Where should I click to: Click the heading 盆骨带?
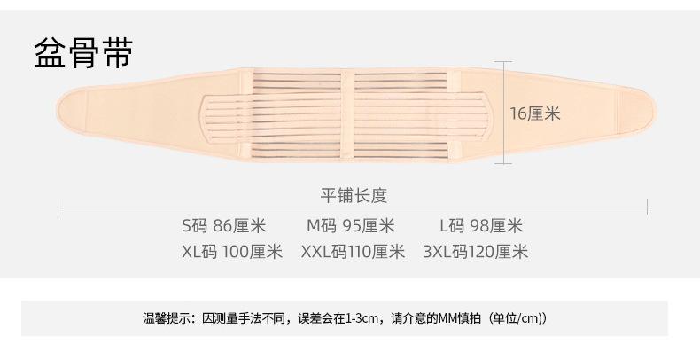tap(83, 53)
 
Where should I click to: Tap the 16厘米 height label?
tap(535, 113)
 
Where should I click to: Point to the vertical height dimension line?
tap(506, 113)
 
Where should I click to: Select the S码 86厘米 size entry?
tap(223, 226)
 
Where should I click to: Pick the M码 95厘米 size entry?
tap(350, 226)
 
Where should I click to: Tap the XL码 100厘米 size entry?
tap(231, 252)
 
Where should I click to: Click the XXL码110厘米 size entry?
tap(353, 252)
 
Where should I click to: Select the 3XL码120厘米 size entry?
tap(476, 252)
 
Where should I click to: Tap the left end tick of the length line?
tap(59, 207)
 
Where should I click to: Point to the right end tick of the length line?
tap(648, 207)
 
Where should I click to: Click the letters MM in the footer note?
tap(446, 318)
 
